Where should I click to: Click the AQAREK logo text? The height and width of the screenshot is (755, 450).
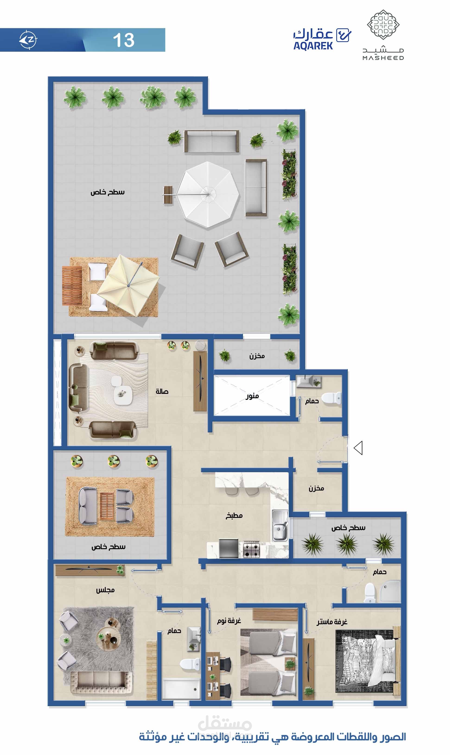[313, 45]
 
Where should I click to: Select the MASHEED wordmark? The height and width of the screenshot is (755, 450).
[383, 58]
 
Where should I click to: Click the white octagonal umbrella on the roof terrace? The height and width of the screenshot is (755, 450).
[208, 194]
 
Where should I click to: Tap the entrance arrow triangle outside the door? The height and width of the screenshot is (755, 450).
[358, 448]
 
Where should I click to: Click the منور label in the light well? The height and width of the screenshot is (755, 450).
[252, 396]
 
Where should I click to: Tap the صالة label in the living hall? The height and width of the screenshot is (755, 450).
[162, 392]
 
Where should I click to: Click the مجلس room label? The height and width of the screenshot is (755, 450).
[105, 590]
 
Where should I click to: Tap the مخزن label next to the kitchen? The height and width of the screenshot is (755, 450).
[316, 488]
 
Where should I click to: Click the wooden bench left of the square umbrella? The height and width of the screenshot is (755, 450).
[72, 285]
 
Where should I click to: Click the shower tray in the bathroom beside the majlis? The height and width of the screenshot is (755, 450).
[181, 689]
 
